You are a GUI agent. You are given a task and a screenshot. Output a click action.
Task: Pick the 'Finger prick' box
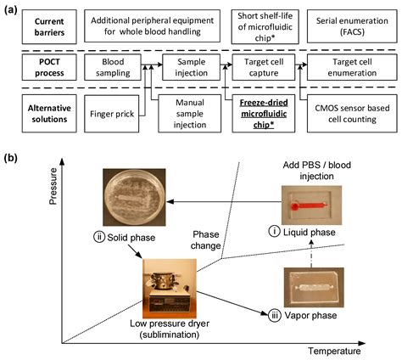tap(114, 111)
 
